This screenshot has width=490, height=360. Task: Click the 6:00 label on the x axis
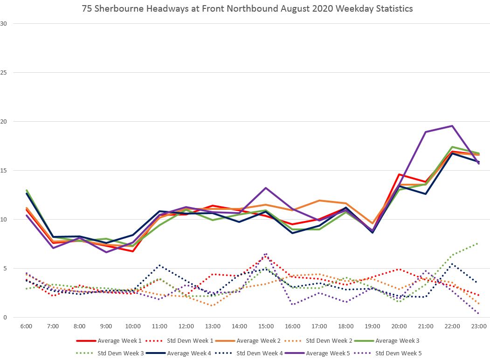pyautogui.click(x=26, y=326)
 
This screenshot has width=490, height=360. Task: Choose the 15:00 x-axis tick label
pyautogui.click(x=266, y=326)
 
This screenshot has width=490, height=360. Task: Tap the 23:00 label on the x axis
pyautogui.click(x=479, y=326)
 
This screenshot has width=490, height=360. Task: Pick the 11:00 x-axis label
pyautogui.click(x=159, y=326)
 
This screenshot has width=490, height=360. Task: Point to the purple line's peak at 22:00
pyautogui.click(x=452, y=126)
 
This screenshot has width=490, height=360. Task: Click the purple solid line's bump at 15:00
pyautogui.click(x=266, y=188)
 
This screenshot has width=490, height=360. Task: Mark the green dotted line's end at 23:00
pyautogui.click(x=478, y=243)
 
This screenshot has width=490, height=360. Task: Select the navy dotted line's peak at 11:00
pyautogui.click(x=159, y=265)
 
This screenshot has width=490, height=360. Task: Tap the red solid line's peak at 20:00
pyautogui.click(x=399, y=174)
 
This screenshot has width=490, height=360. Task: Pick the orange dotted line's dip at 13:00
pyautogui.click(x=213, y=305)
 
